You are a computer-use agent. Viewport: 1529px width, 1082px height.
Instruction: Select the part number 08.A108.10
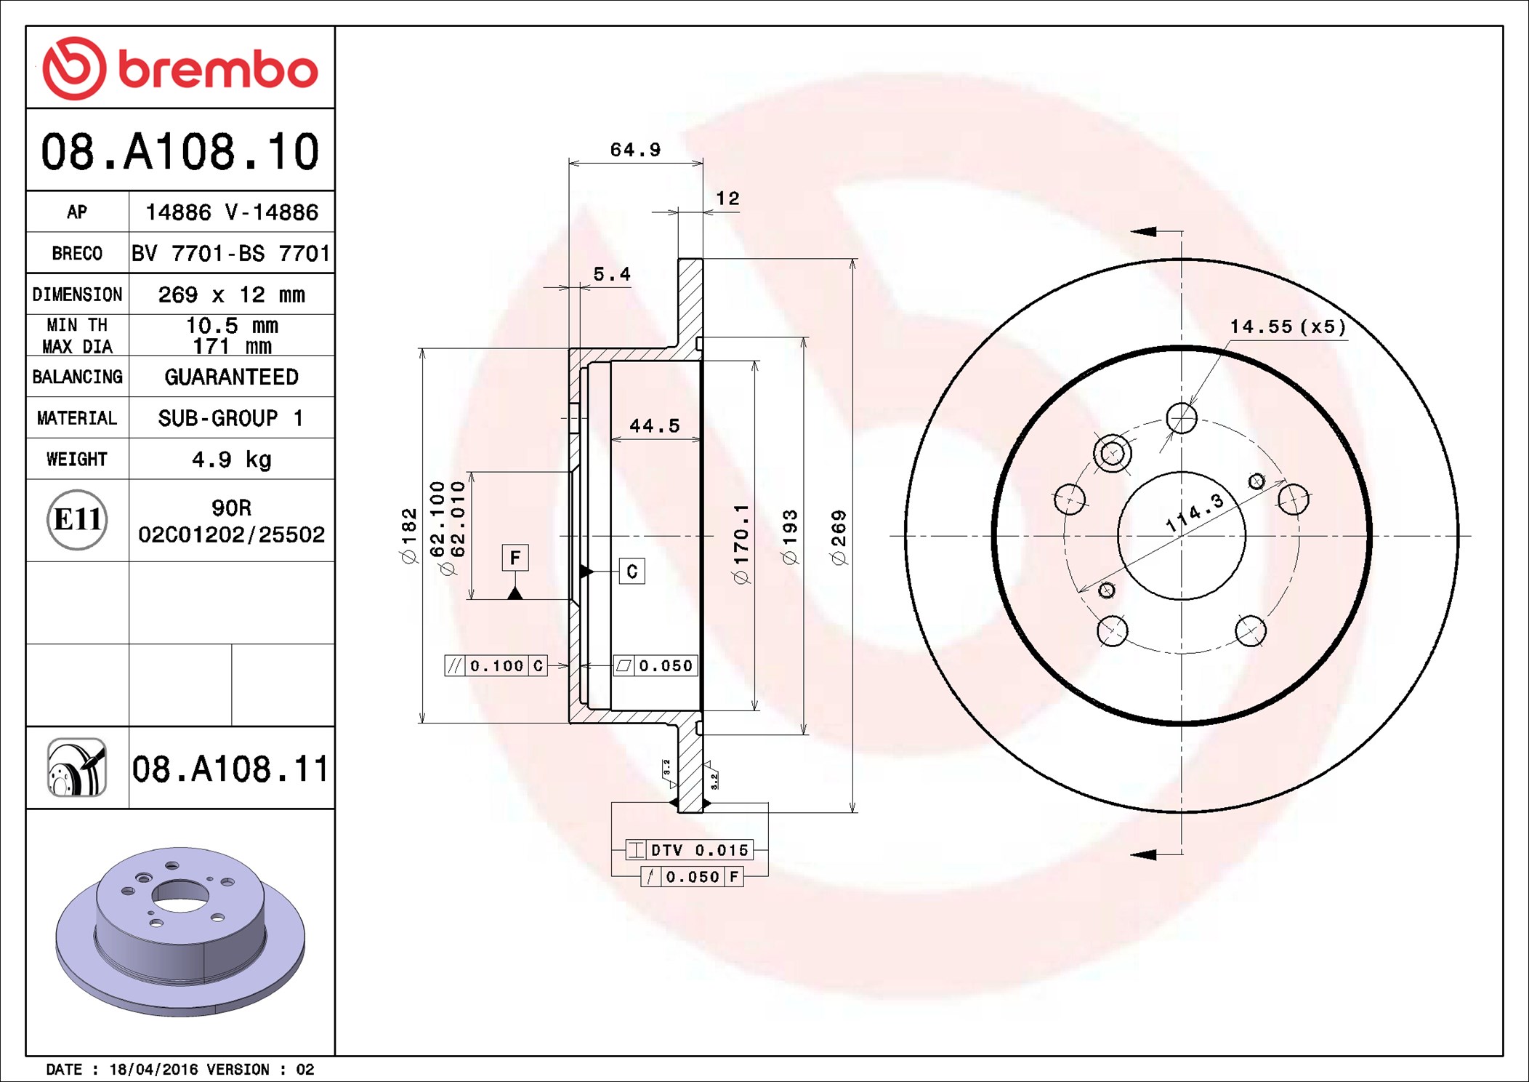(x=179, y=152)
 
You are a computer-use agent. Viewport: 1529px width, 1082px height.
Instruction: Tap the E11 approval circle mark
(x=77, y=520)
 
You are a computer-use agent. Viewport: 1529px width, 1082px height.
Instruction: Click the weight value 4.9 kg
(x=231, y=459)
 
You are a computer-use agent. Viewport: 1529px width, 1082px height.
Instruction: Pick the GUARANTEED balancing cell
(x=231, y=377)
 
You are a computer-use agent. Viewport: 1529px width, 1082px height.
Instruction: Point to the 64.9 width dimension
(x=635, y=150)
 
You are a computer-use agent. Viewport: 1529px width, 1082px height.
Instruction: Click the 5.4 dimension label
(x=611, y=274)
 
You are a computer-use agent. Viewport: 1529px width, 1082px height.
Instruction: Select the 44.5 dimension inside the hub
(x=654, y=425)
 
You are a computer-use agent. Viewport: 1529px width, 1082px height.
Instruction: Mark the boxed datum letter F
(x=515, y=558)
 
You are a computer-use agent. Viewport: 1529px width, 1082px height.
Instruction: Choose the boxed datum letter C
(x=632, y=572)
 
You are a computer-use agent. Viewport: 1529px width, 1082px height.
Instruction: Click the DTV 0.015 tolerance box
(x=689, y=849)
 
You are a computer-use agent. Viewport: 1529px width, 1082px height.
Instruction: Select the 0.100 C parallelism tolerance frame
(x=496, y=665)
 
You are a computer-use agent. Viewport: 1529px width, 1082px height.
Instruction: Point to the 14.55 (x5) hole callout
(x=1287, y=326)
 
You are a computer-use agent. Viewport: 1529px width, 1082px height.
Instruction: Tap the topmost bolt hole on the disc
(x=1181, y=418)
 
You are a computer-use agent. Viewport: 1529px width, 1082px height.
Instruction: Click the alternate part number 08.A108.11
(x=230, y=769)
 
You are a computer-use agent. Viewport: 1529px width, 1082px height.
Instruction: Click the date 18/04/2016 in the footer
(x=153, y=1069)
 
